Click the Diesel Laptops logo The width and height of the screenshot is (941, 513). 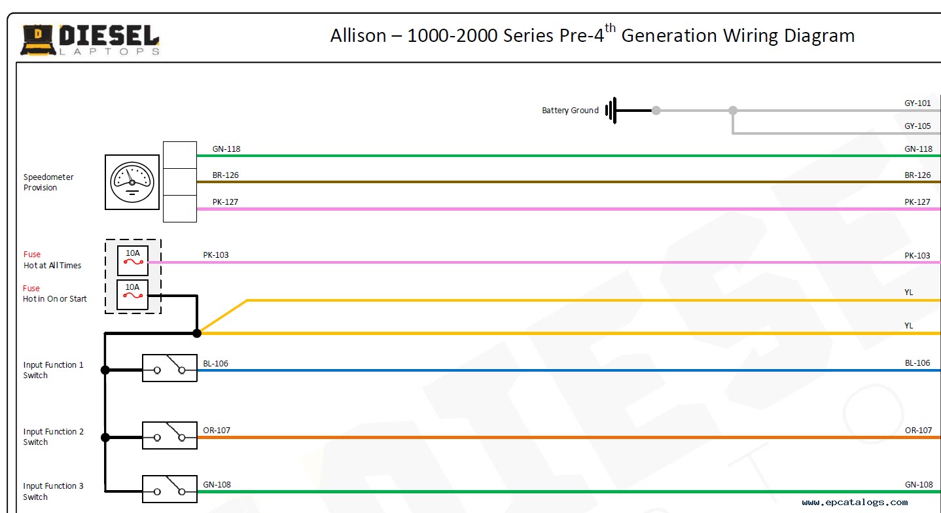[90, 39]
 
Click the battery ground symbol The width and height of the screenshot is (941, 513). [611, 111]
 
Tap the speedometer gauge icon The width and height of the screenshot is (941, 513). [132, 182]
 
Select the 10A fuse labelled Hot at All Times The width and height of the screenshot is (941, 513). [133, 260]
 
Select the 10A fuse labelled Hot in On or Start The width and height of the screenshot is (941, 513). [132, 294]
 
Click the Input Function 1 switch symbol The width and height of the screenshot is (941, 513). [169, 368]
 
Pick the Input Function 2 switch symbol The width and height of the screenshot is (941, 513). [169, 435]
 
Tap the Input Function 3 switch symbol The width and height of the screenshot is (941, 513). [169, 489]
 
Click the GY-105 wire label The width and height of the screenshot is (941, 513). [917, 126]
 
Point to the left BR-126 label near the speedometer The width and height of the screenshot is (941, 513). [226, 175]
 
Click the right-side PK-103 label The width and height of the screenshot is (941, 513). [917, 256]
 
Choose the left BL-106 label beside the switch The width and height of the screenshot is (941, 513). [216, 364]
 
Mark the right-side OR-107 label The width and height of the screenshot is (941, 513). [918, 431]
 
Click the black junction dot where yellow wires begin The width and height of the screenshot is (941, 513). [197, 333]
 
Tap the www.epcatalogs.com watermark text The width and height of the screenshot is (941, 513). [855, 503]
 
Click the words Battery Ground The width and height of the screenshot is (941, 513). [570, 111]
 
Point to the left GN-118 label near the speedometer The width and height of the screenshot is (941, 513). [226, 149]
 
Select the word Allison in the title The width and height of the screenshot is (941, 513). [358, 35]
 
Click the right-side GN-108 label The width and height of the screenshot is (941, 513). [919, 485]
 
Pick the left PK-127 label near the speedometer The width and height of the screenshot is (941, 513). [226, 202]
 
